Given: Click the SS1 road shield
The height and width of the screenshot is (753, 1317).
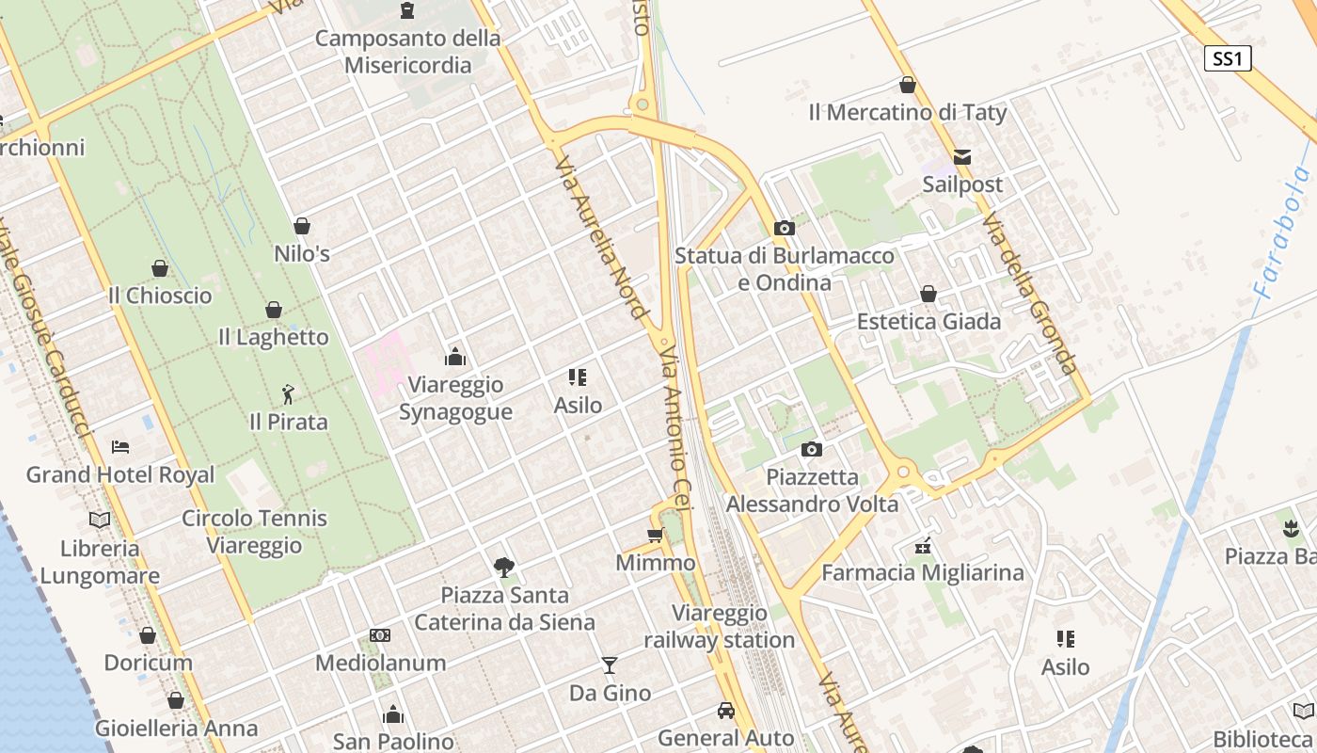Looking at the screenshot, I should click(x=1228, y=58).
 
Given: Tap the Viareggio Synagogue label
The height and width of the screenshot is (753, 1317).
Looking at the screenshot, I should click(x=455, y=398).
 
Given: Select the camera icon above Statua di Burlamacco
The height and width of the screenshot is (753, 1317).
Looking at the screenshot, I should click(x=784, y=228).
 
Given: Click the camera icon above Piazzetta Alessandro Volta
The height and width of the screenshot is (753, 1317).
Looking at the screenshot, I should click(x=812, y=450).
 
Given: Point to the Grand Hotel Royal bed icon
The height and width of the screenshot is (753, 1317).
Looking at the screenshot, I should click(x=120, y=446).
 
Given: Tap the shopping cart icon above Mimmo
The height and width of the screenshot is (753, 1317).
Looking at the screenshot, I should click(x=656, y=536).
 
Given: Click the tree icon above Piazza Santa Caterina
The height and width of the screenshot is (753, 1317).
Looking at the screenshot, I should click(x=504, y=567).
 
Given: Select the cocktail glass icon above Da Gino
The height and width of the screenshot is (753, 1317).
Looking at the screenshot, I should click(x=610, y=665).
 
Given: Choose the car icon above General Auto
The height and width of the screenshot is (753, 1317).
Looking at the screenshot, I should click(x=725, y=711).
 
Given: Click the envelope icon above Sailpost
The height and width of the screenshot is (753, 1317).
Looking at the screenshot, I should click(x=962, y=156).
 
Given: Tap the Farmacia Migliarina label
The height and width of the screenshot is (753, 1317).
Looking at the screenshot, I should click(x=922, y=572).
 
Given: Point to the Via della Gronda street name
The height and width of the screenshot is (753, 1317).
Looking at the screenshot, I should click(x=1028, y=293).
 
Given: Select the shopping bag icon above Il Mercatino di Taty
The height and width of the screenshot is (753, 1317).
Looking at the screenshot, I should click(x=908, y=86).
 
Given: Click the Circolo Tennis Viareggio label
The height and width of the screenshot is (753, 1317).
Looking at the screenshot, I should click(x=254, y=531).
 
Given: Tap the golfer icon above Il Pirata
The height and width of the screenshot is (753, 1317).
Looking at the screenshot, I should click(x=288, y=394).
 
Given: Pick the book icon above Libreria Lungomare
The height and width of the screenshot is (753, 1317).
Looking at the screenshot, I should click(x=99, y=520).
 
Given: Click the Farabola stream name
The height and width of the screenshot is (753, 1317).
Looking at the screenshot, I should click(x=1280, y=232).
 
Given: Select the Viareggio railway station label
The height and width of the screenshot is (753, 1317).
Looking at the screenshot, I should click(x=720, y=627).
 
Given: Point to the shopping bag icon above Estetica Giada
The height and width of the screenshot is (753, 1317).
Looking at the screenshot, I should click(x=928, y=295).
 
